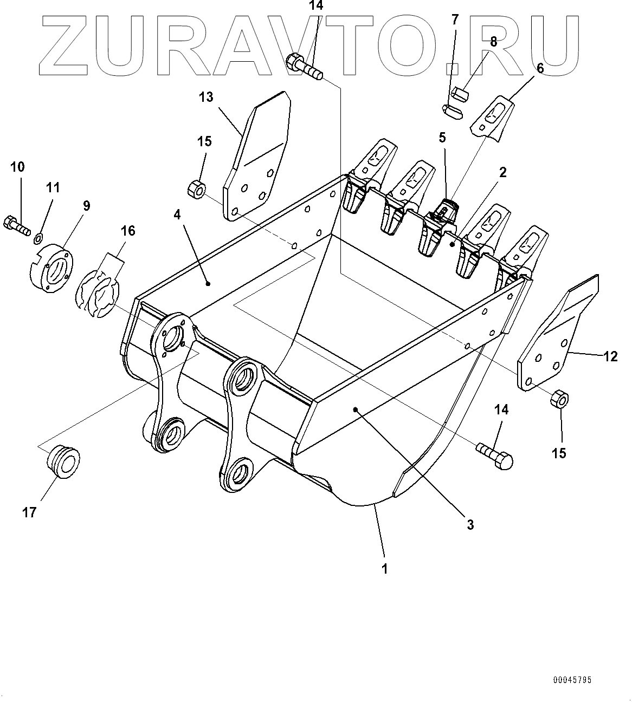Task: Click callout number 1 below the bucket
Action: coord(384,569)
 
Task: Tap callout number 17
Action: coord(29,512)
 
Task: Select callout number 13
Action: coord(206,97)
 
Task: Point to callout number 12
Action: coord(610,356)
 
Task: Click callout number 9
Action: coord(86,206)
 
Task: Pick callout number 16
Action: coord(128,231)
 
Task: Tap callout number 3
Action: coord(470,524)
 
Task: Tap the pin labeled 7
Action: coord(452,110)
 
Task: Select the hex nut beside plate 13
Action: coord(196,189)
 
